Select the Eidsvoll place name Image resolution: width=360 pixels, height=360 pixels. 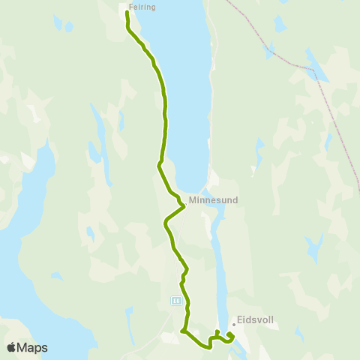pos(256,319)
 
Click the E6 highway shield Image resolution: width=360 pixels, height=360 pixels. pos(176,300)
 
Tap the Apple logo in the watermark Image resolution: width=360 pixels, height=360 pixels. pos(11,348)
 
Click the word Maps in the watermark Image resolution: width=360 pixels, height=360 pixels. pos(33,348)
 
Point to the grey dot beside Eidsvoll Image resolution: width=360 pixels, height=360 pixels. pos(234,325)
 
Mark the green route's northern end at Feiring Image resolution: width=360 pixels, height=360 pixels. pos(127,13)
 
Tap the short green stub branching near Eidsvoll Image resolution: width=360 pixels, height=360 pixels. pos(217,332)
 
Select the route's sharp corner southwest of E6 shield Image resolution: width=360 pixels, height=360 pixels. pos(182,331)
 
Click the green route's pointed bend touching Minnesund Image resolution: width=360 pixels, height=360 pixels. pos(184,205)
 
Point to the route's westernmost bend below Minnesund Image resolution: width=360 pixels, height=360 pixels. pos(165,221)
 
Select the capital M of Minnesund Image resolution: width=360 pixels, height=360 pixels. pos(193,200)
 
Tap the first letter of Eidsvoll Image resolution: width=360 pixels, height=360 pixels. pos(240,319)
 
